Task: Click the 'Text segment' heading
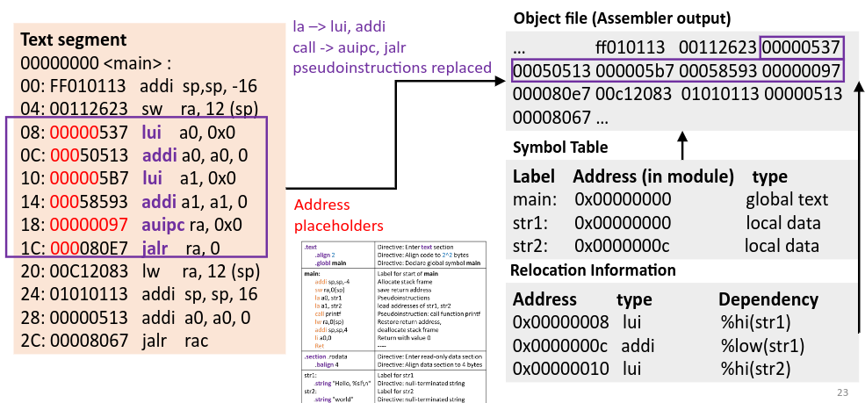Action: click(x=73, y=40)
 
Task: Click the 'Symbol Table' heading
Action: click(x=560, y=147)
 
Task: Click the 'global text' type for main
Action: click(x=787, y=199)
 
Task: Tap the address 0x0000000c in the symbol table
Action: click(x=623, y=246)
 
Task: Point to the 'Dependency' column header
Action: click(x=768, y=299)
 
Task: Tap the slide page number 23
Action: click(x=842, y=392)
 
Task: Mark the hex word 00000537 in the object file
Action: click(x=801, y=46)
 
